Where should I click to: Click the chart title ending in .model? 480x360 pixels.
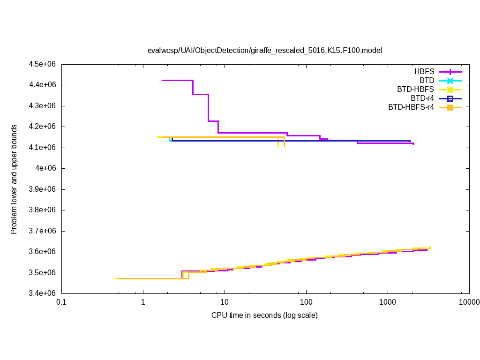(x=265, y=50)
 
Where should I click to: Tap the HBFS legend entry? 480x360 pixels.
(x=424, y=72)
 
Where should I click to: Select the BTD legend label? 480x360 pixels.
(x=427, y=81)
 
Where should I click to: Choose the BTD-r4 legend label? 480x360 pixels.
(x=422, y=98)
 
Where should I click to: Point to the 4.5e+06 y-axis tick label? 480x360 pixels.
(x=43, y=64)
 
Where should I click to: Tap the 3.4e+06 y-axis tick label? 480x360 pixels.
(x=43, y=293)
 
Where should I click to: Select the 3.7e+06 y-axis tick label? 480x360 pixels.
(x=43, y=231)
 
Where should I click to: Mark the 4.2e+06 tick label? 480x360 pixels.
(x=43, y=127)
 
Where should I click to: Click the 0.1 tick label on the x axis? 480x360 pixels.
(x=61, y=303)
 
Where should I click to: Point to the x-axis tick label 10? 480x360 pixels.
(x=225, y=303)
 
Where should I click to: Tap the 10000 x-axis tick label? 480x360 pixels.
(x=469, y=303)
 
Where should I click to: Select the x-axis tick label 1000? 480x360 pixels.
(x=388, y=303)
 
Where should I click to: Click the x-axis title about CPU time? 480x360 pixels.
(x=264, y=315)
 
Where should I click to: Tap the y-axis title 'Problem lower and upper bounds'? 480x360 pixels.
(x=14, y=179)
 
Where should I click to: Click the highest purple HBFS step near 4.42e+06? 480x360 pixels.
(x=177, y=80)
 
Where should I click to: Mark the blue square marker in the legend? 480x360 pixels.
(x=450, y=98)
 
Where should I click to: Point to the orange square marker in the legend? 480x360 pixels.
(x=450, y=107)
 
